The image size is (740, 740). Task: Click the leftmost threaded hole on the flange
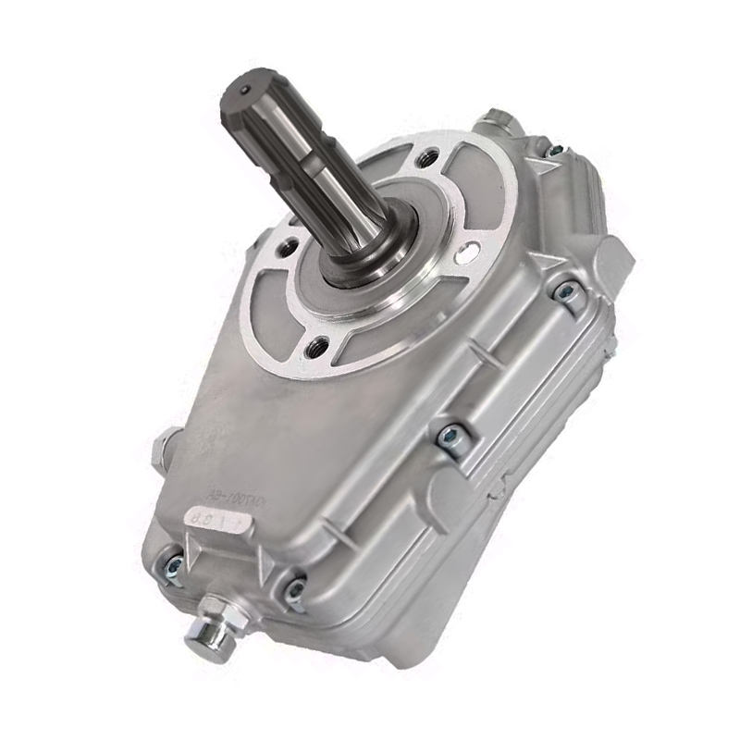click(289, 246)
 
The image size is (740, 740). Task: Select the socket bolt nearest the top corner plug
click(554, 151)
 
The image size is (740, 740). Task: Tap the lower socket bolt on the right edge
click(450, 434)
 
